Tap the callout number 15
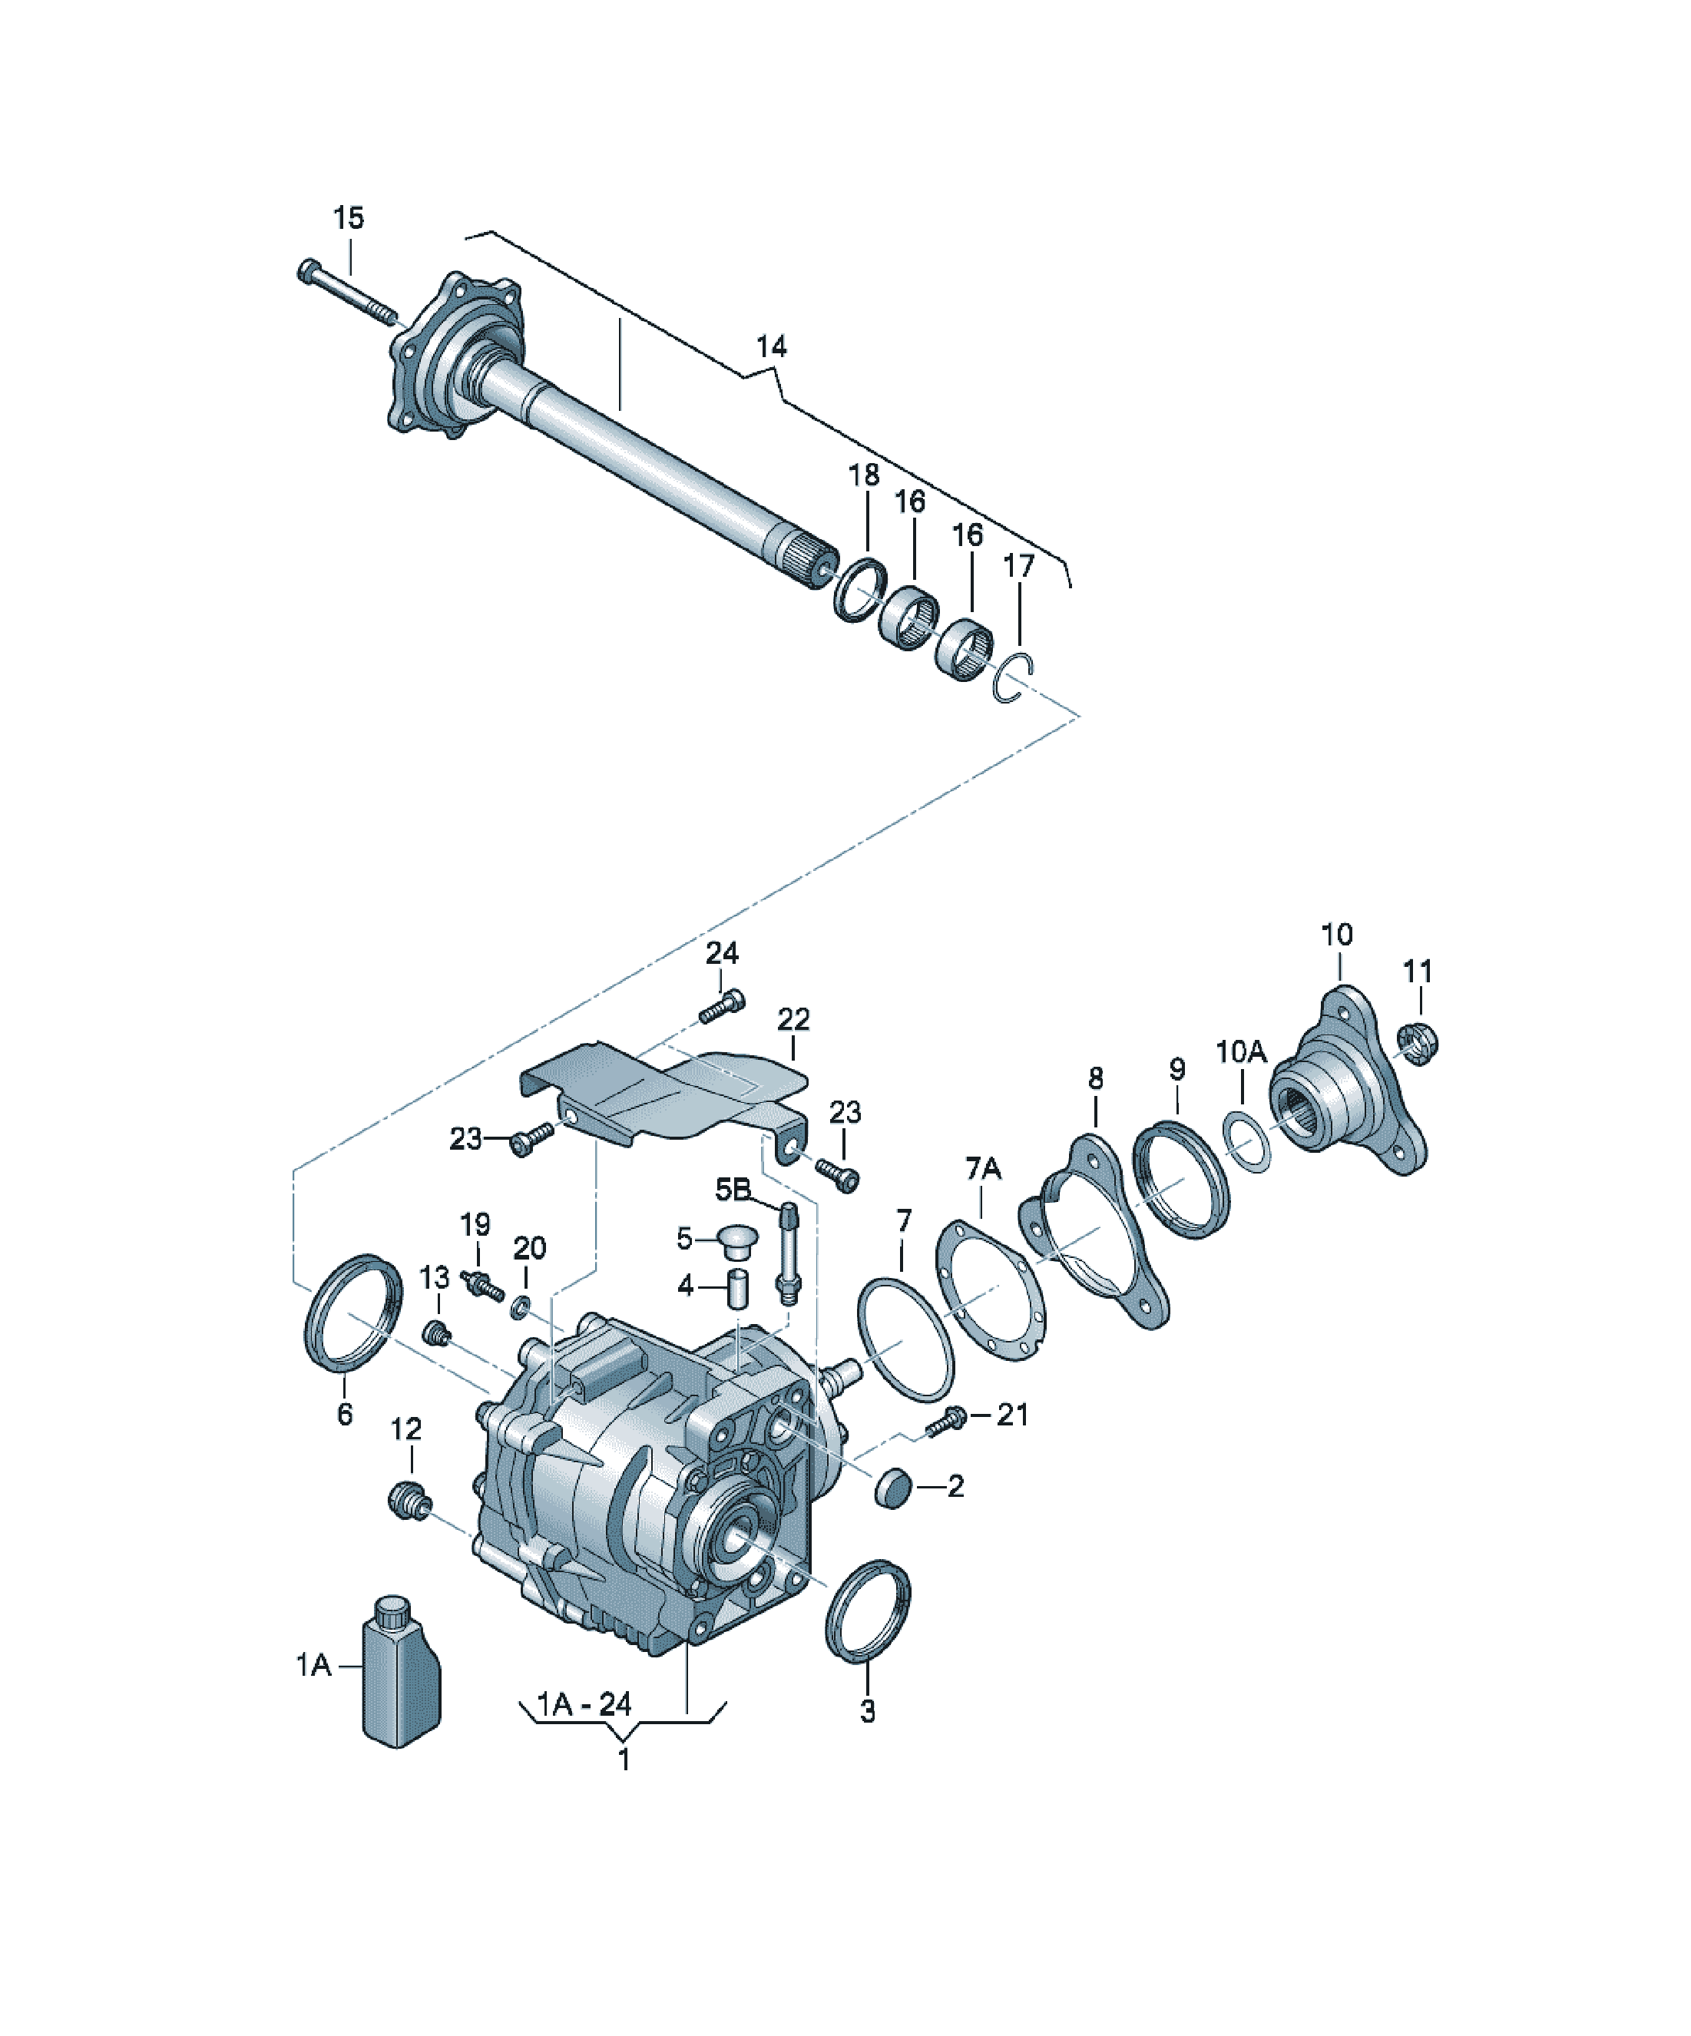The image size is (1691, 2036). point(349,218)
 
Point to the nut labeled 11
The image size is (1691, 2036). point(1418,1043)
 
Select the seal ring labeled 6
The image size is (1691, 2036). point(353,1313)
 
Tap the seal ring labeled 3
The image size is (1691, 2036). point(868,1611)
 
